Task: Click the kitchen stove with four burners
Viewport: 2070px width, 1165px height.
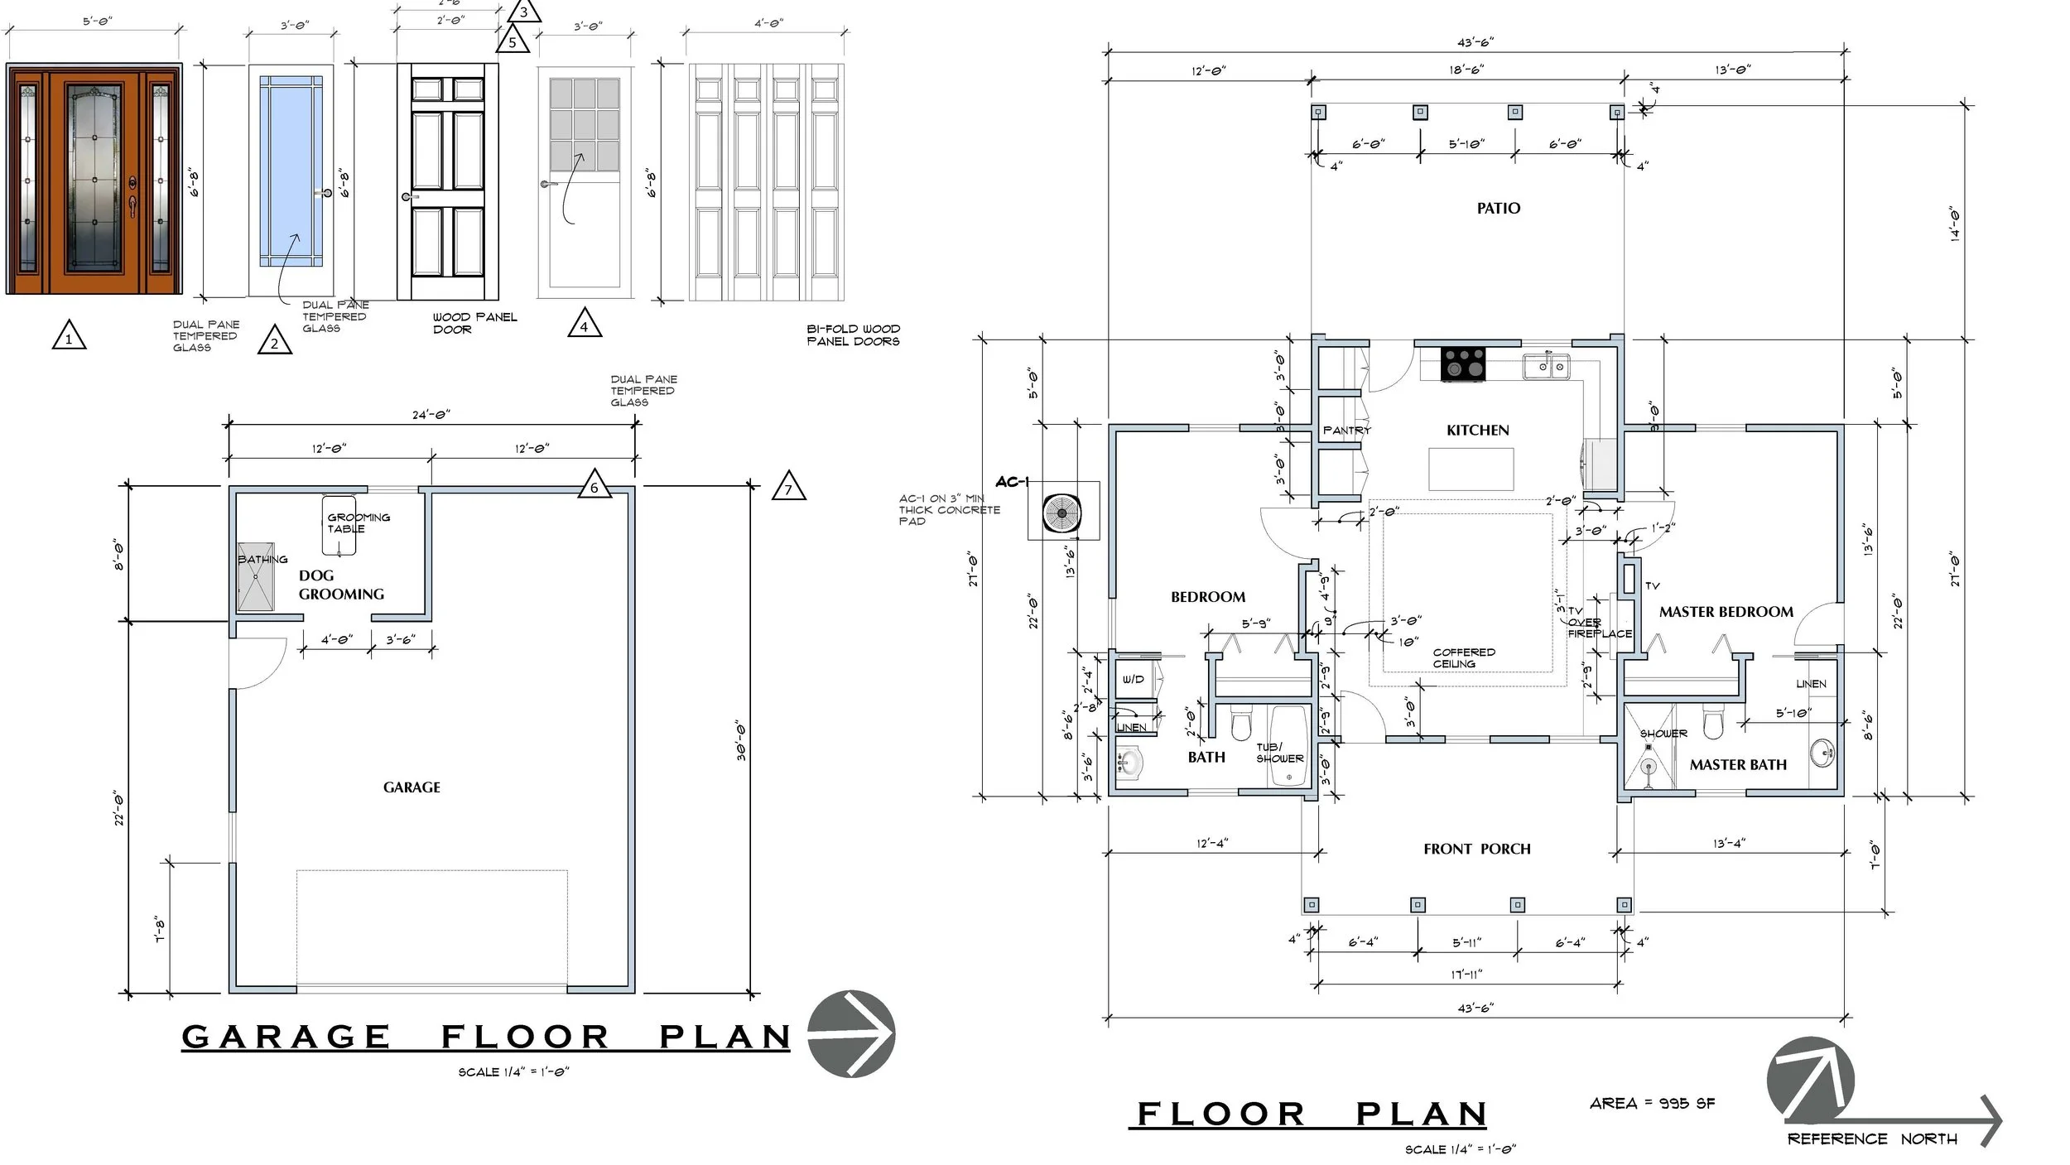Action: pyautogui.click(x=1463, y=364)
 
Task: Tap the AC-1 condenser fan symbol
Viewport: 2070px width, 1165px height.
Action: pyautogui.click(x=1061, y=513)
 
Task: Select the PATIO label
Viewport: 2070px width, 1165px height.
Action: pyautogui.click(x=1498, y=209)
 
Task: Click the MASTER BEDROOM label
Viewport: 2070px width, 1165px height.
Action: pyautogui.click(x=1726, y=612)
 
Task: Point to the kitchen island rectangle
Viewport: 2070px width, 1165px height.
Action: pyautogui.click(x=1471, y=469)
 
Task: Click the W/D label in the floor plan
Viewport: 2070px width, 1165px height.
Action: pyautogui.click(x=1133, y=679)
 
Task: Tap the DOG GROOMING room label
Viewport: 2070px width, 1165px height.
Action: pyautogui.click(x=340, y=585)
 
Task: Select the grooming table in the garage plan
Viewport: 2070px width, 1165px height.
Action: pyautogui.click(x=339, y=525)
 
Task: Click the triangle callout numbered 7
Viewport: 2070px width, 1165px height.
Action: pyautogui.click(x=787, y=488)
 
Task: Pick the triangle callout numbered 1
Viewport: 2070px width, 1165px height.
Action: pyautogui.click(x=69, y=335)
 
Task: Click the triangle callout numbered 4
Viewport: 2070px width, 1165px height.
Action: pyautogui.click(x=584, y=324)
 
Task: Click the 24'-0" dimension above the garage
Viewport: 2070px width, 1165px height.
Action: pyautogui.click(x=431, y=415)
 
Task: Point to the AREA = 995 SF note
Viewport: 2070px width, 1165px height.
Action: pyautogui.click(x=1652, y=1103)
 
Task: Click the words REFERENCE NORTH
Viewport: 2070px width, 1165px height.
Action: pyautogui.click(x=1871, y=1139)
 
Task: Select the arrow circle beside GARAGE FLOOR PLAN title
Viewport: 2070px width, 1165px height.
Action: pyautogui.click(x=850, y=1033)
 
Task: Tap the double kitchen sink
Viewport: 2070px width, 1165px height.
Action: pyautogui.click(x=1545, y=365)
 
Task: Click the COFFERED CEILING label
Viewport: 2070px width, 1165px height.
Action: pyautogui.click(x=1464, y=658)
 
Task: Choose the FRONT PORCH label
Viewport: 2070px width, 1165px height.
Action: pyautogui.click(x=1476, y=849)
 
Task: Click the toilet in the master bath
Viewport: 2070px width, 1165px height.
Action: pyautogui.click(x=1714, y=723)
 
